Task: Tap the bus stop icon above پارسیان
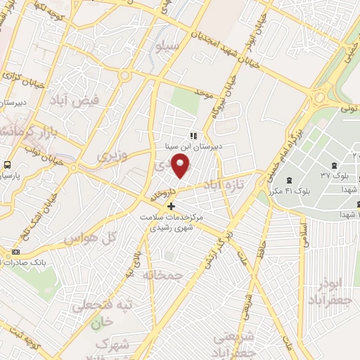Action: click(x=7, y=165)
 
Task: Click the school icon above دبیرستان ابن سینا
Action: click(x=192, y=136)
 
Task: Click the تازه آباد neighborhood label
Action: click(x=223, y=185)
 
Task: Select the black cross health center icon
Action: click(x=169, y=205)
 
